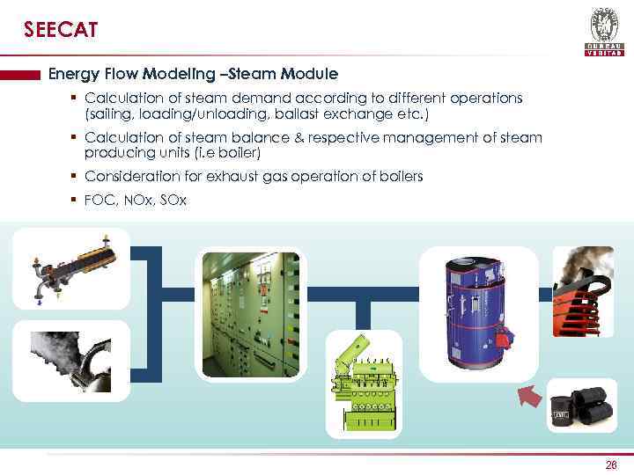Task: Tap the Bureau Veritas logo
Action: [x=604, y=32]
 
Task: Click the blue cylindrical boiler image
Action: [x=477, y=312]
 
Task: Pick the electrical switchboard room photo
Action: [x=251, y=314]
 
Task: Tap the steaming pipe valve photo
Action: [x=70, y=361]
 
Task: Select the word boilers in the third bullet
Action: [x=400, y=177]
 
